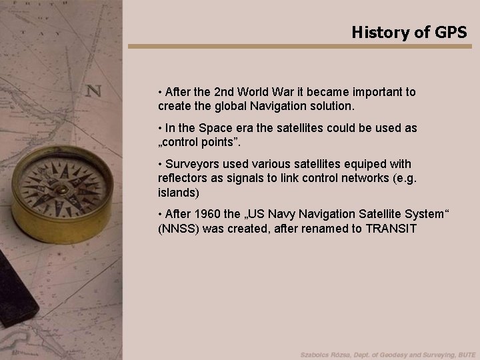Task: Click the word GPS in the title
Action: coord(451,31)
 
